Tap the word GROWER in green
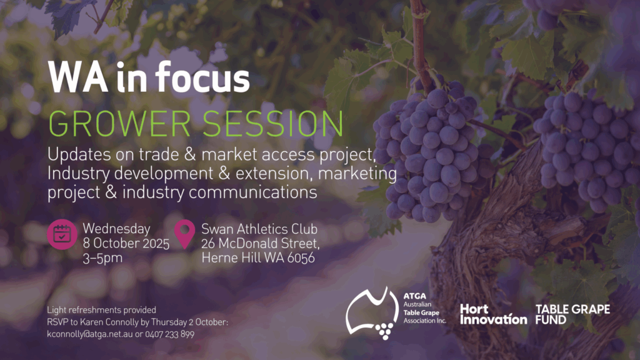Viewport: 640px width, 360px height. (119, 123)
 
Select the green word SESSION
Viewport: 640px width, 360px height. (273, 123)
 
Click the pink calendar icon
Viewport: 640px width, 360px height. (62, 234)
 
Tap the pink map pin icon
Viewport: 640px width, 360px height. (184, 234)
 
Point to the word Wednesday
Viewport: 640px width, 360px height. (117, 229)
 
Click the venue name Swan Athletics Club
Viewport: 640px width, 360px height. (259, 229)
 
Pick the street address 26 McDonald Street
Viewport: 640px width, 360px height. (260, 244)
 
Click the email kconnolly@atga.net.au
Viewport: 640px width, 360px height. (90, 334)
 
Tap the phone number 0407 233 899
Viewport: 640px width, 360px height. (169, 334)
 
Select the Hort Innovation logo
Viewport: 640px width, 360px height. (494, 314)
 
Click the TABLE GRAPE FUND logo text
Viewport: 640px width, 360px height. (572, 314)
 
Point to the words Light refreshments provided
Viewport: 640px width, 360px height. (101, 310)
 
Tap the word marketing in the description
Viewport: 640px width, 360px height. (357, 174)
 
